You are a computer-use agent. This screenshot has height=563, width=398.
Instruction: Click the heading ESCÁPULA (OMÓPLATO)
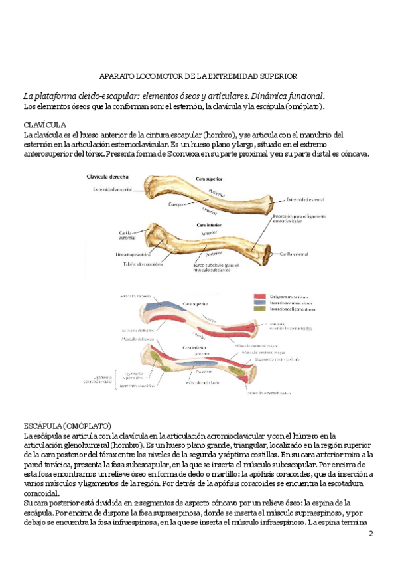(67, 425)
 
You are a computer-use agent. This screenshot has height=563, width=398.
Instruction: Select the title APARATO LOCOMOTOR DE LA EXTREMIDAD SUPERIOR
(193, 77)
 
